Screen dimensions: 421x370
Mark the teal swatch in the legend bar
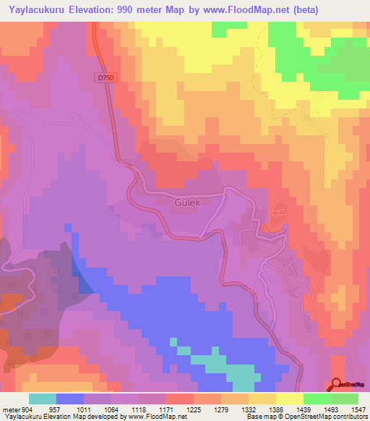click(x=43, y=399)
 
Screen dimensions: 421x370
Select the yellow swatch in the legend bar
click(x=290, y=399)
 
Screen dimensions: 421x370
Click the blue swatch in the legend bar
click(x=70, y=399)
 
